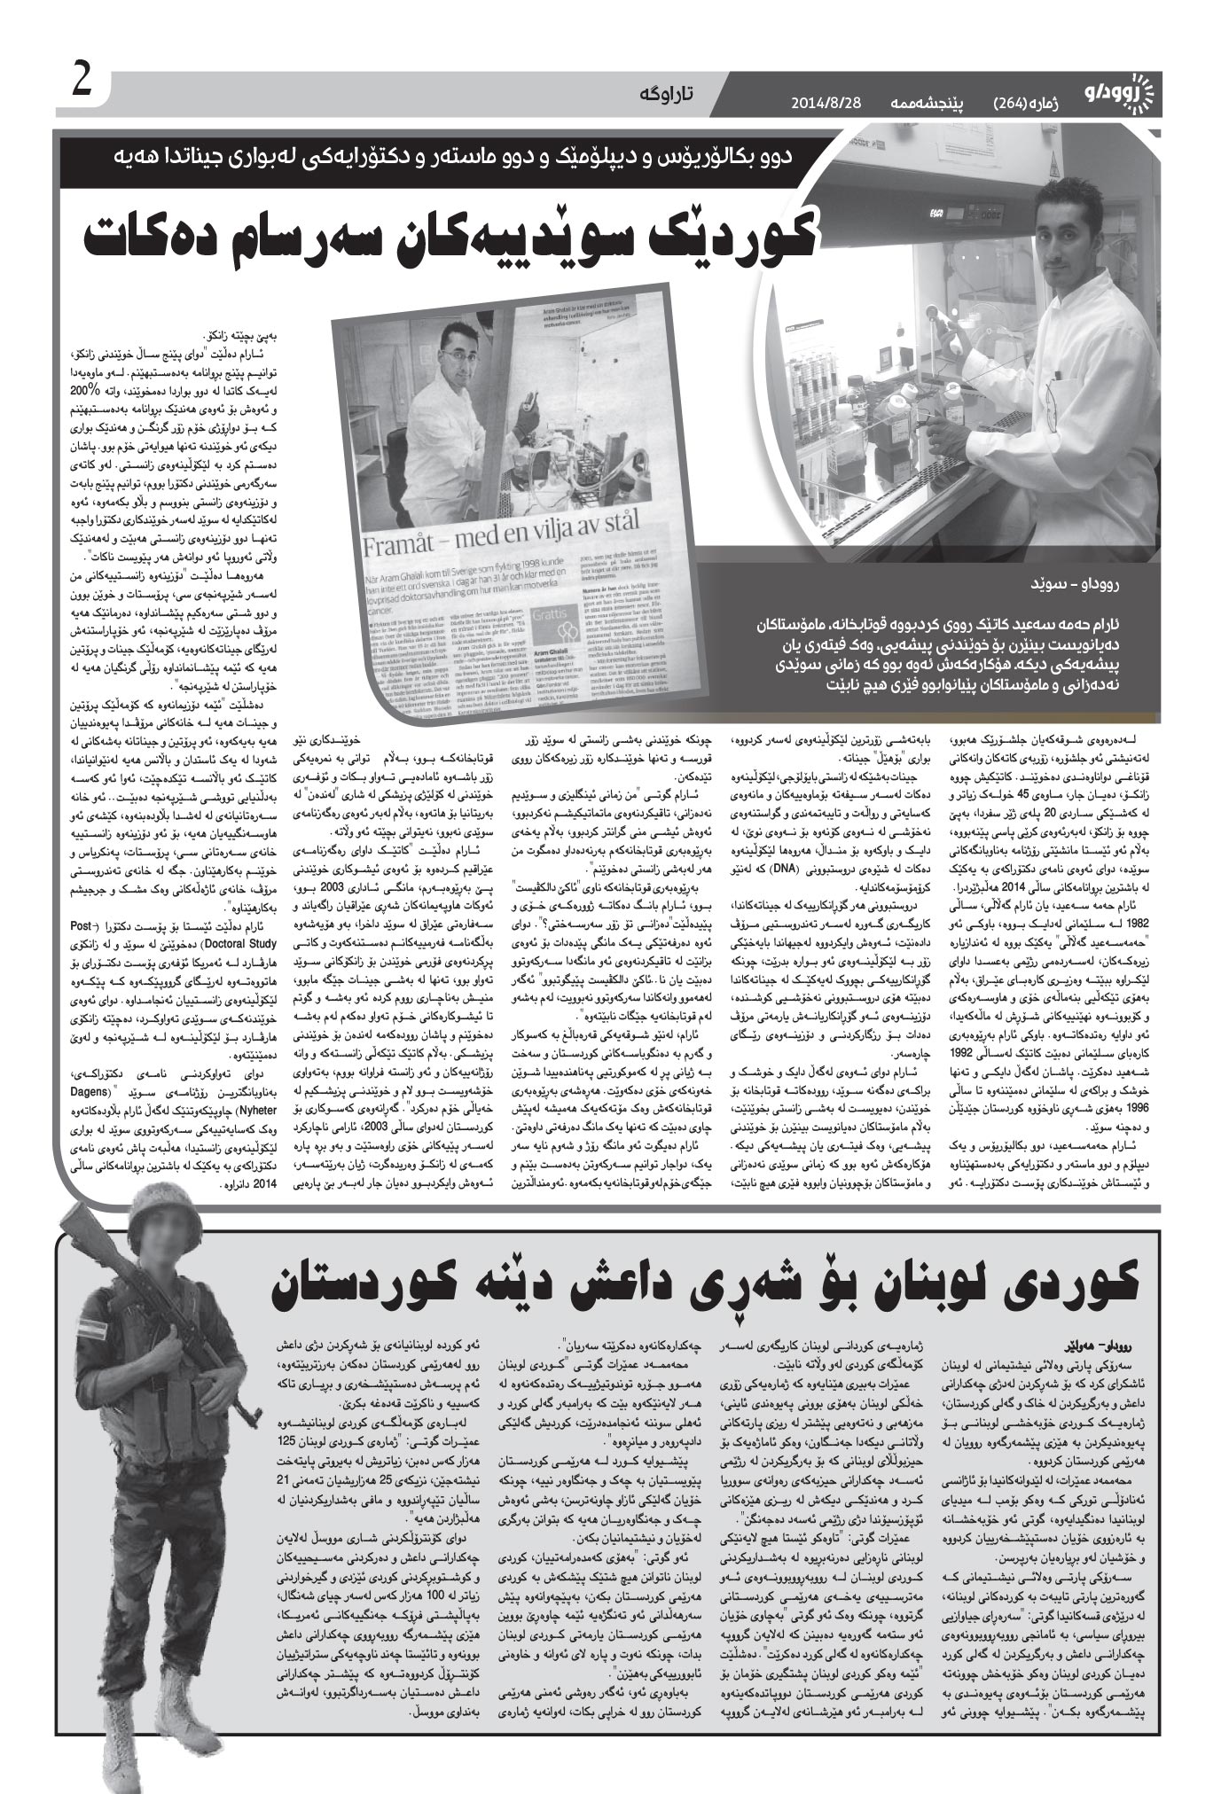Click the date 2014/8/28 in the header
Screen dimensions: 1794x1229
coord(830,105)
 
